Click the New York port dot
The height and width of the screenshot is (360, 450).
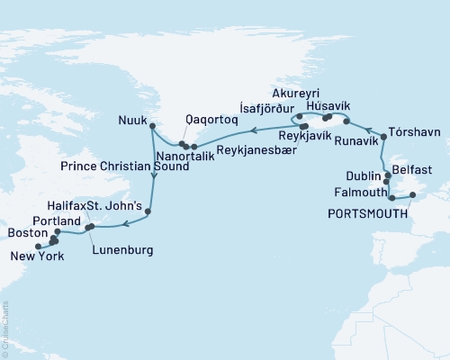coord(37,246)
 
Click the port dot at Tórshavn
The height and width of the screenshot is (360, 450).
coord(384,137)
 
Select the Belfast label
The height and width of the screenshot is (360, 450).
coord(418,169)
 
